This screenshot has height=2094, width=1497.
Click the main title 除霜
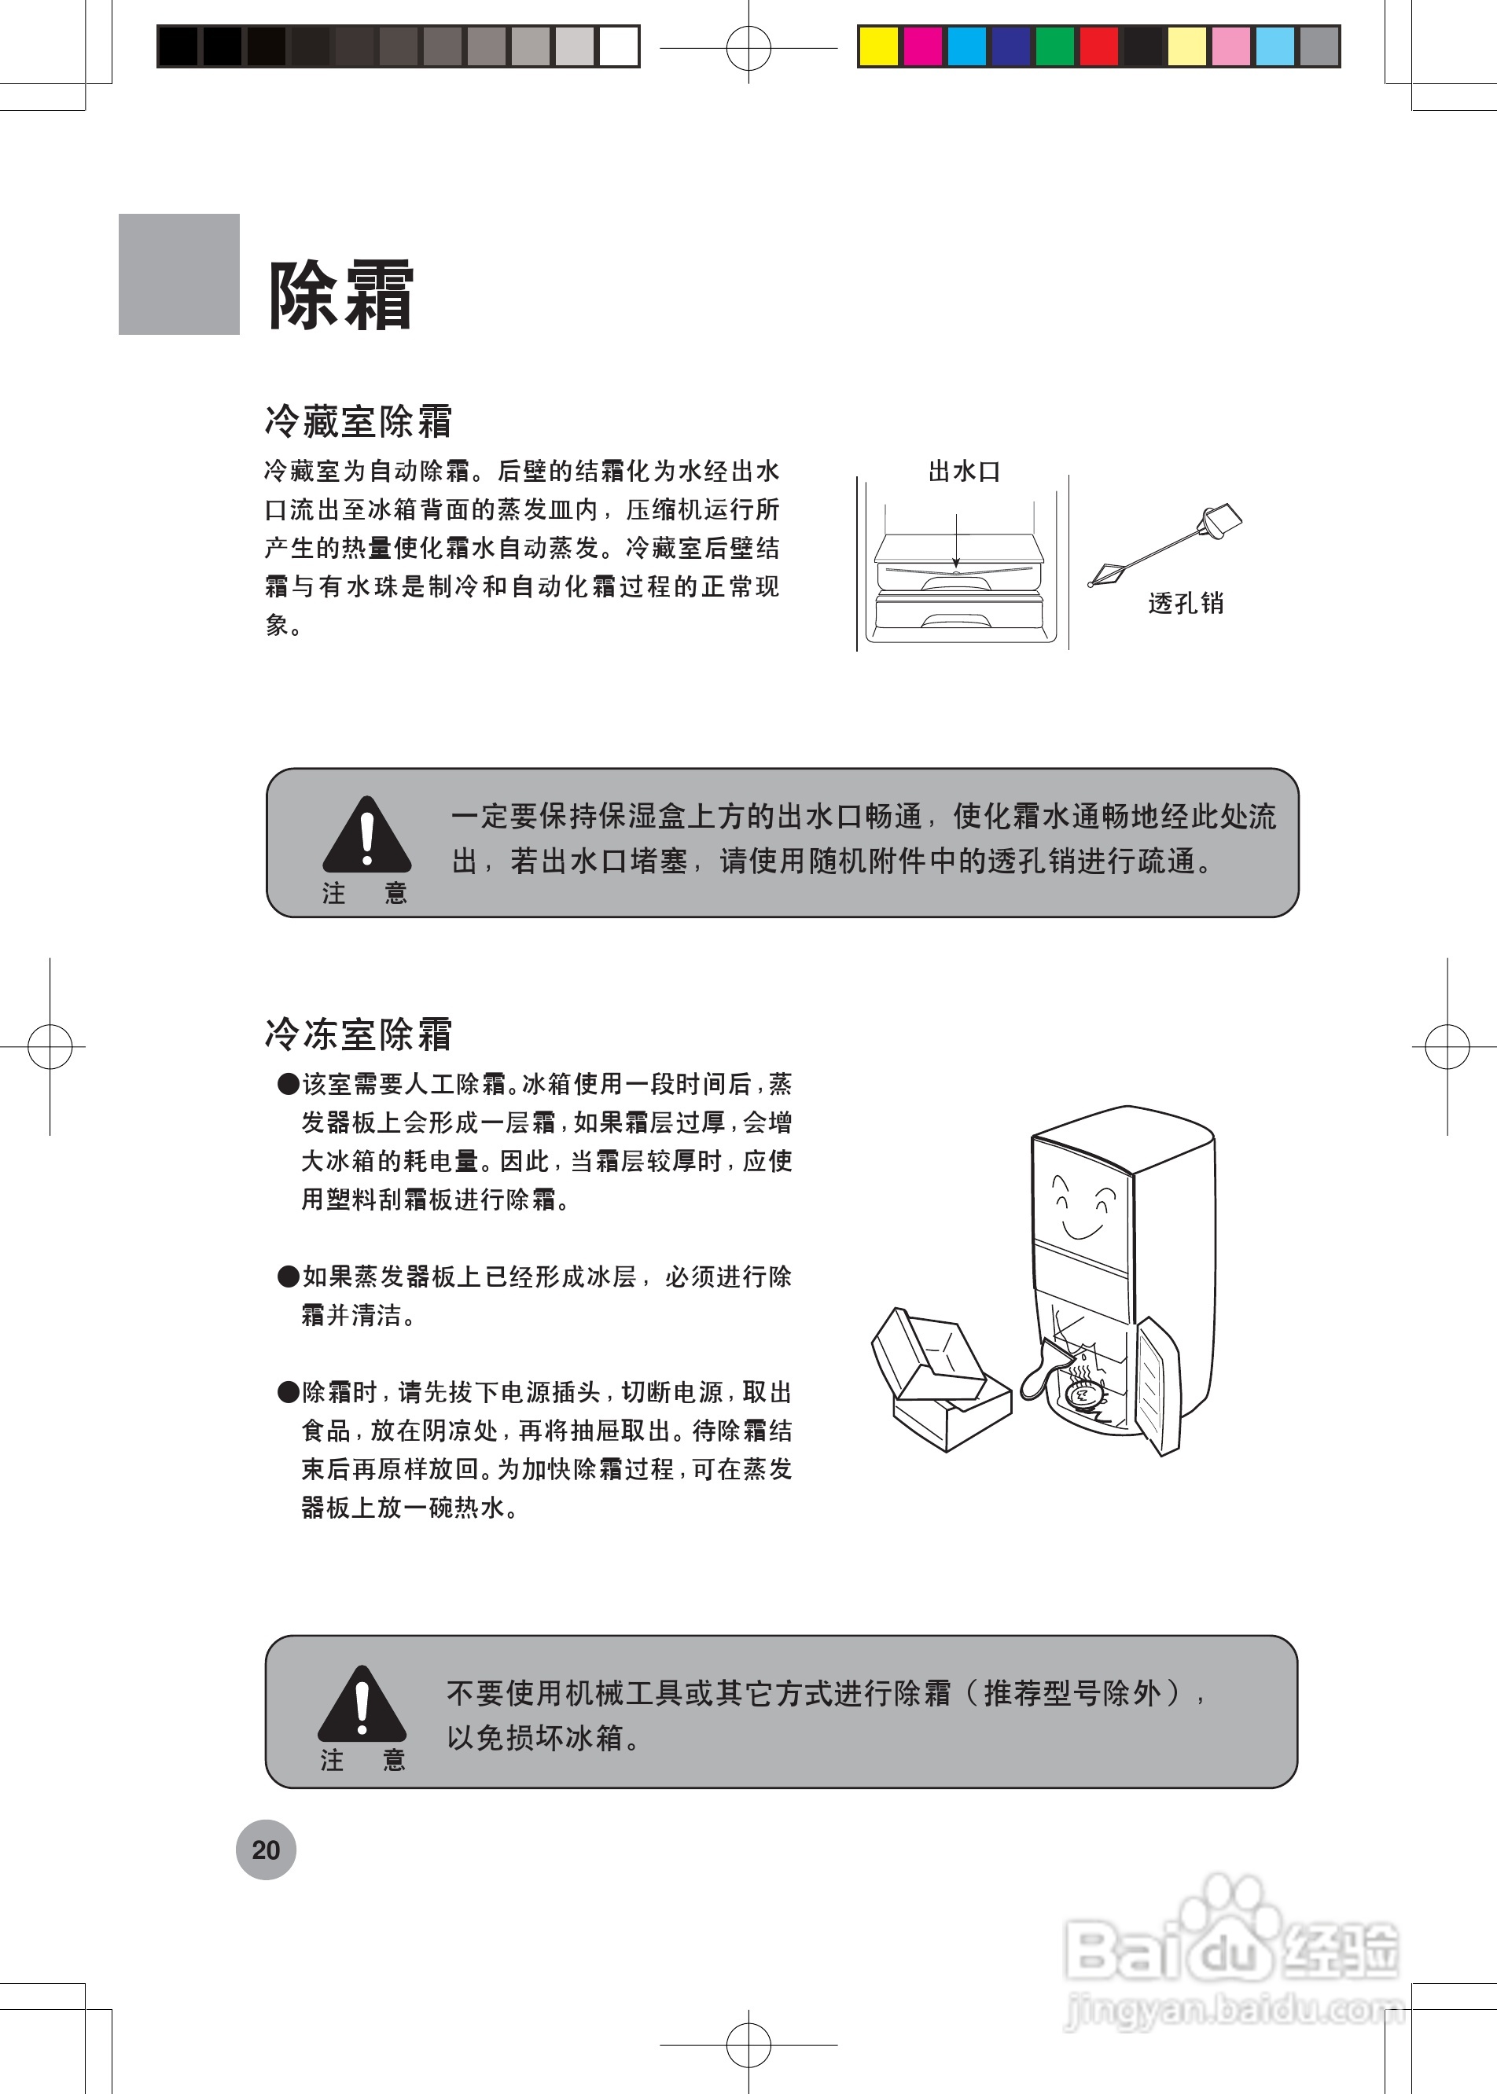point(340,295)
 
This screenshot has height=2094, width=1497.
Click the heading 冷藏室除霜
point(358,421)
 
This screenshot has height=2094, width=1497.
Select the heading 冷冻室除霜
point(358,1034)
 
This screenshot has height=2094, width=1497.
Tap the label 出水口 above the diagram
point(963,472)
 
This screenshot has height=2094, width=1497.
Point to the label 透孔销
point(1186,604)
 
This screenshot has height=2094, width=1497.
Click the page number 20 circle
point(266,1850)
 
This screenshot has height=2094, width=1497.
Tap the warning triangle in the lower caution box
point(362,1704)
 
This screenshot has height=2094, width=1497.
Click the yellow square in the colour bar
point(878,47)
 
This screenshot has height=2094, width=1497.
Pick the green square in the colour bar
point(1054,47)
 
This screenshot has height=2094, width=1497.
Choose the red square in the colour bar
point(1099,47)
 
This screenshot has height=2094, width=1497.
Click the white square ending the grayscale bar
point(619,47)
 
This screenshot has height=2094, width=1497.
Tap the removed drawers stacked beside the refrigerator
point(940,1383)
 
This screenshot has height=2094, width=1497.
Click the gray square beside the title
point(178,274)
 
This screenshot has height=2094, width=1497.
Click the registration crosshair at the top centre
point(748,48)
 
